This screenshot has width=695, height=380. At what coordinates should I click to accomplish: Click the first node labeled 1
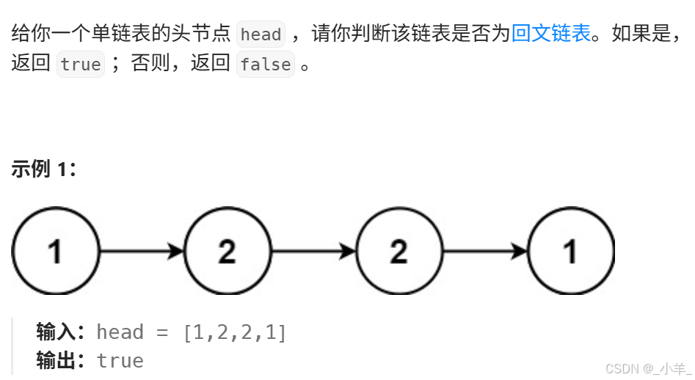[55, 251]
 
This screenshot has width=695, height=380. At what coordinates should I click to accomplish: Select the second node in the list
[227, 251]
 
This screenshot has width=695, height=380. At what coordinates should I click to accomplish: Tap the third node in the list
[399, 251]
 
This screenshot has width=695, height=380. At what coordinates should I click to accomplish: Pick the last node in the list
[570, 251]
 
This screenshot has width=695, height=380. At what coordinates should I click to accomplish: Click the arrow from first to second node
[141, 251]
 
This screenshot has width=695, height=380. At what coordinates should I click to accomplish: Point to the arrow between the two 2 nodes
[313, 251]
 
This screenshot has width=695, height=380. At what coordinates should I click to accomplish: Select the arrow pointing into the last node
[484, 251]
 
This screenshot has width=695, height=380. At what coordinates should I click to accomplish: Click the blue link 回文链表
[551, 34]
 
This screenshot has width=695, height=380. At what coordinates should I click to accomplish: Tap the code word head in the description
[261, 34]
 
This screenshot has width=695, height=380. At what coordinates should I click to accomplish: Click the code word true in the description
[81, 65]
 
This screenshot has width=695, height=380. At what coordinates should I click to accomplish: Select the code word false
[265, 65]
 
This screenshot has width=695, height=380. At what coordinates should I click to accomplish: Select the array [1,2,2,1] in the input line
[235, 332]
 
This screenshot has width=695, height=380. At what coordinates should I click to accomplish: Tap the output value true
[120, 361]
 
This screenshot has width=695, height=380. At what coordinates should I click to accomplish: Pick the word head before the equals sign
[120, 332]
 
